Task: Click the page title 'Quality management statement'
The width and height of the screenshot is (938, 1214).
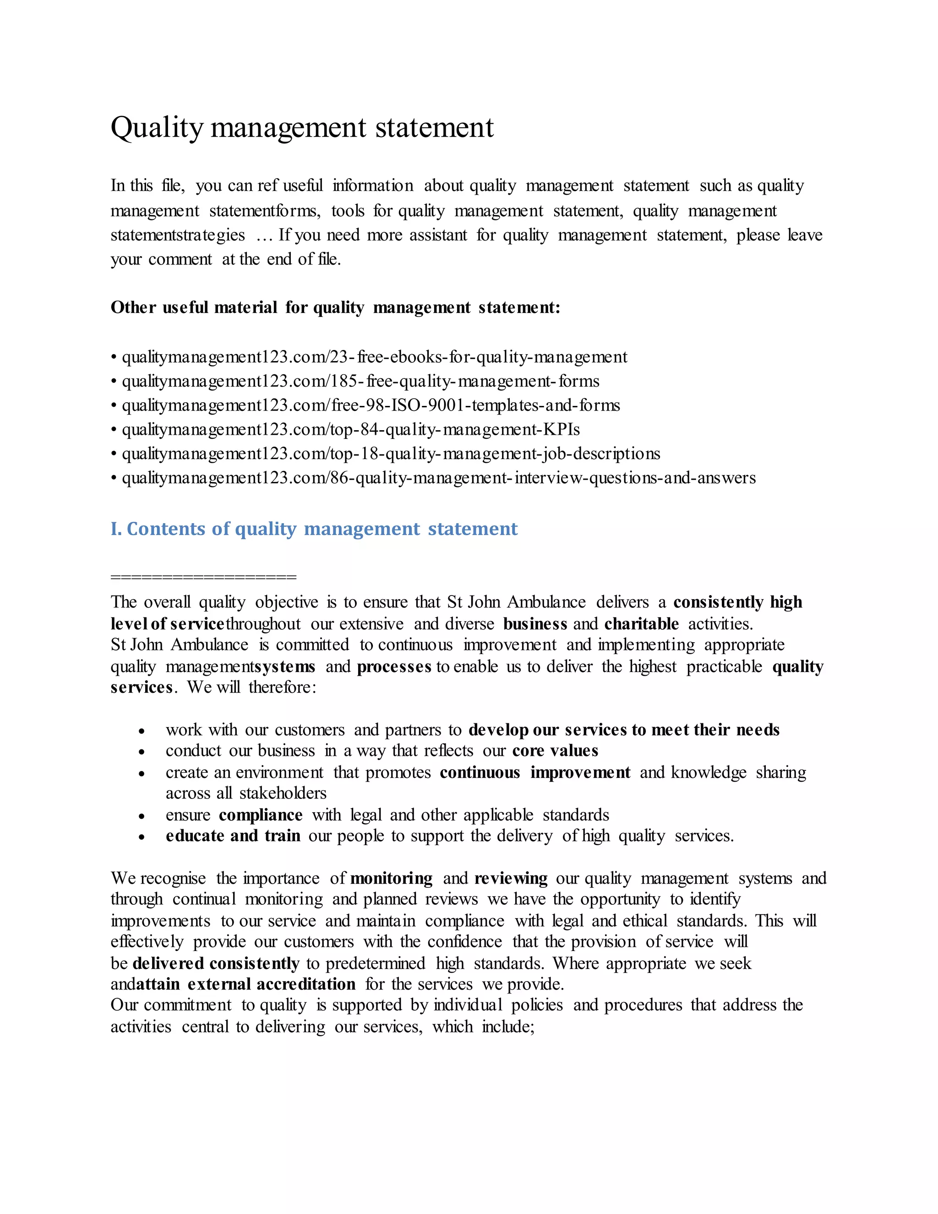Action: click(x=302, y=127)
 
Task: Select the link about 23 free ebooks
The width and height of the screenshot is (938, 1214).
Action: click(x=374, y=357)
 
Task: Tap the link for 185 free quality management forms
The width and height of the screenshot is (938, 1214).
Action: click(x=360, y=381)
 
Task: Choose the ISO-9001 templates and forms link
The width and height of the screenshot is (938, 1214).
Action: click(x=371, y=405)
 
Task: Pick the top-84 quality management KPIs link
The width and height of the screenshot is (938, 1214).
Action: click(x=351, y=430)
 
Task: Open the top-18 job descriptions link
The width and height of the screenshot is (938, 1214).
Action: click(x=391, y=454)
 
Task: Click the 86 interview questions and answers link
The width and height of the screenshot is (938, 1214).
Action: click(x=438, y=478)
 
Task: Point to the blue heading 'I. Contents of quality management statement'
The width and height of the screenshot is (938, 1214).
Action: click(x=314, y=529)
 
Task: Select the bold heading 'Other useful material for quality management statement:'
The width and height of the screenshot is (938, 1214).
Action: click(x=335, y=307)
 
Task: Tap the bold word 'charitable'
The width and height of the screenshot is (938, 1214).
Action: click(x=641, y=624)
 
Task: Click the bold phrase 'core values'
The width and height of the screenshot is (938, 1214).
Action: click(x=555, y=751)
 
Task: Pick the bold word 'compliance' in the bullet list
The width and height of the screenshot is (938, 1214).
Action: click(x=261, y=815)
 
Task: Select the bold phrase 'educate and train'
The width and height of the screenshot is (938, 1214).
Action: click(x=233, y=836)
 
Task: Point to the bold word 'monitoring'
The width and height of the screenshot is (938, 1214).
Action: click(x=391, y=878)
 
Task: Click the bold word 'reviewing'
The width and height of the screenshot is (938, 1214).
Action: click(x=511, y=878)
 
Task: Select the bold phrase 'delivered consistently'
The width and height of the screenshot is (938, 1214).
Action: click(x=216, y=963)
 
